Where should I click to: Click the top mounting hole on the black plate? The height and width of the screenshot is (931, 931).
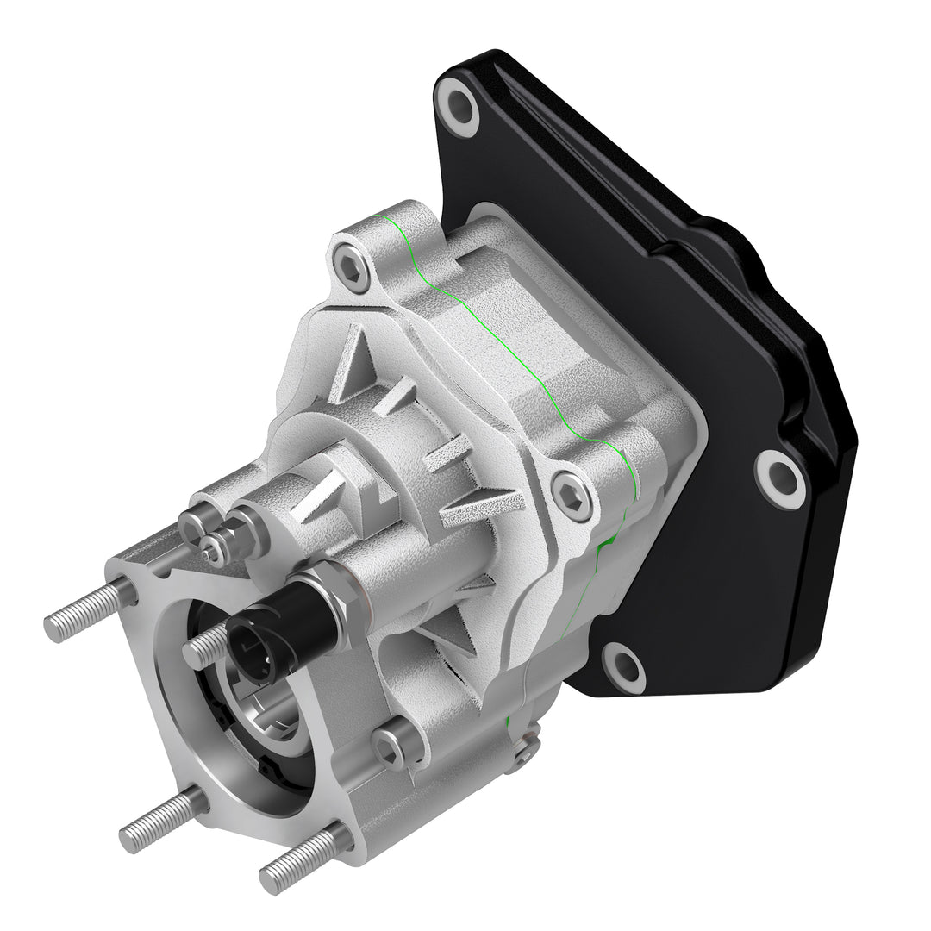(x=457, y=106)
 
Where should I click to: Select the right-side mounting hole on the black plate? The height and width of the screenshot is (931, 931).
(x=781, y=477)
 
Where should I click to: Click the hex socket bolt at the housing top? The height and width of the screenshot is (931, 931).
(x=352, y=266)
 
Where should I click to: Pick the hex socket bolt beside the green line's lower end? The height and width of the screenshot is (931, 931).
(x=572, y=497)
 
